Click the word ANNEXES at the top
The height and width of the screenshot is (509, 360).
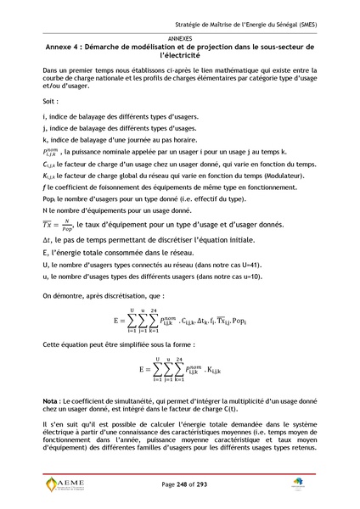(x=179, y=39)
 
